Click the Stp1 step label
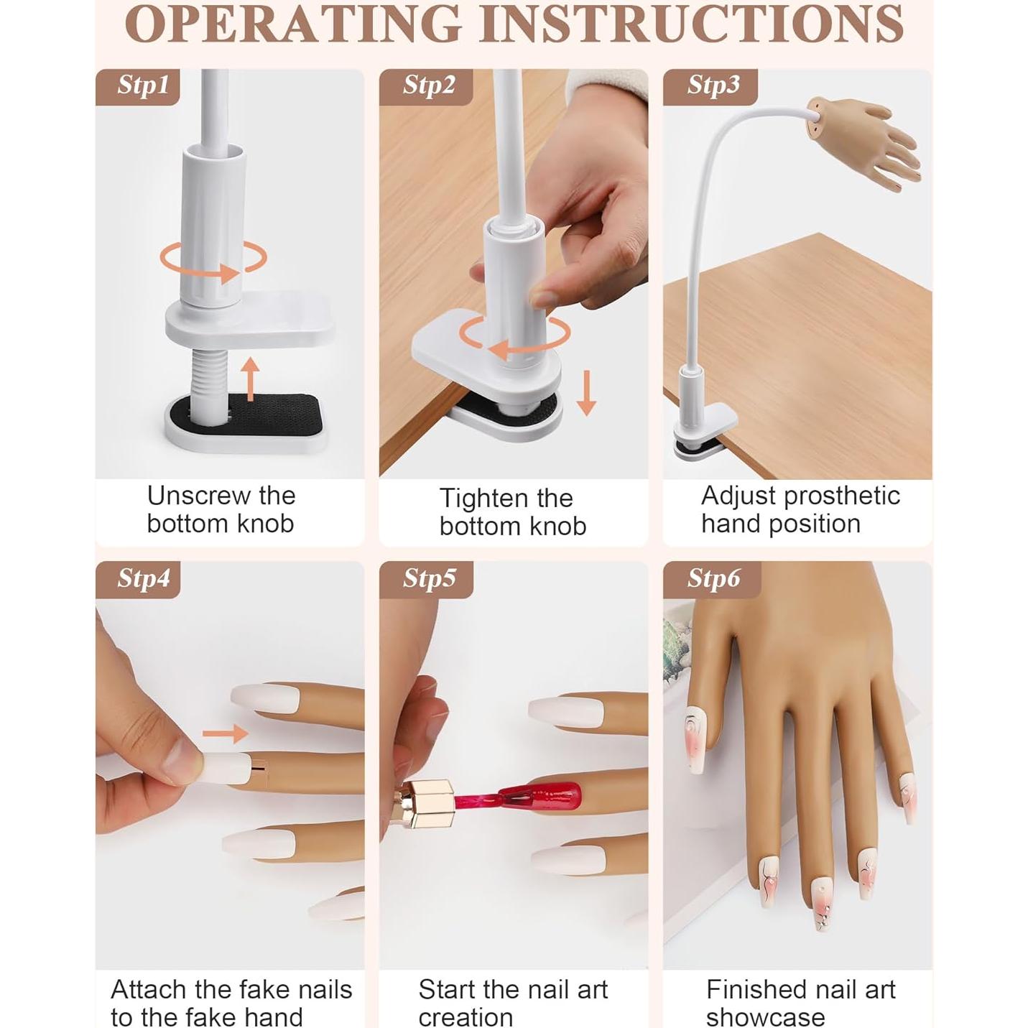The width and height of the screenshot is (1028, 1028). tap(143, 85)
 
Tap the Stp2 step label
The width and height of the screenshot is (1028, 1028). tap(429, 85)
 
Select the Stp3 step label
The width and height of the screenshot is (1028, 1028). tap(713, 85)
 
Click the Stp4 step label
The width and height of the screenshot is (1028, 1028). tap(144, 578)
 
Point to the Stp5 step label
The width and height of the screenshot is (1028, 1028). tap(430, 578)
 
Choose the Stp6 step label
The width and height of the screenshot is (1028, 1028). tap(714, 578)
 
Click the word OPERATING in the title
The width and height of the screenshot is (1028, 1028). tap(293, 23)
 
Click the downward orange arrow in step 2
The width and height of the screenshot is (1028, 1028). tap(587, 393)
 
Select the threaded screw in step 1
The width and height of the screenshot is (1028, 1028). tap(208, 380)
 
